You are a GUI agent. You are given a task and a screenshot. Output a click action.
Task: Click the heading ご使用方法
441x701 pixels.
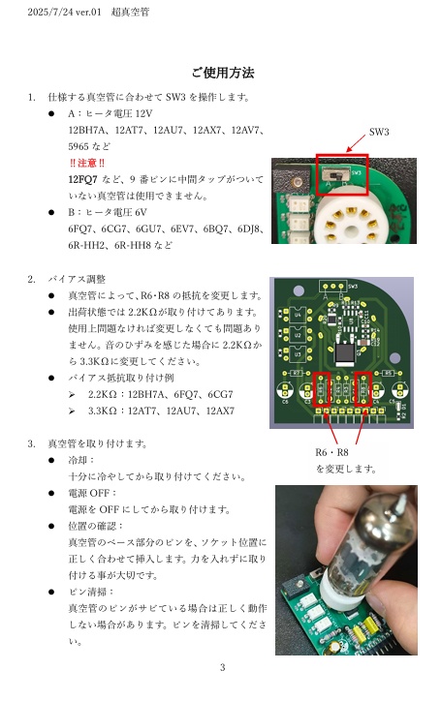(223, 73)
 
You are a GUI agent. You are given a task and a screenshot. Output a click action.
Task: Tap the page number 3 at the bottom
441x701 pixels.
(223, 667)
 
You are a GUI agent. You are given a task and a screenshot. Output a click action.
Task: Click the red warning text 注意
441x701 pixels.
(87, 163)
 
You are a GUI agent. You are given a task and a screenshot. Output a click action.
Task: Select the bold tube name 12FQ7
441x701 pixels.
(82, 179)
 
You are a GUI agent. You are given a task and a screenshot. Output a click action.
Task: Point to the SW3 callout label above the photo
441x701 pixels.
(379, 132)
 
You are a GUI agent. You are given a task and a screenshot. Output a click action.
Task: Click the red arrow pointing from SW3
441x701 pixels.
(356, 143)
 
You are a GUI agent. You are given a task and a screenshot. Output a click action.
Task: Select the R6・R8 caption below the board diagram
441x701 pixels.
(331, 452)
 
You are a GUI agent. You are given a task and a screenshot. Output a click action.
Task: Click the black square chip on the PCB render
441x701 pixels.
(345, 353)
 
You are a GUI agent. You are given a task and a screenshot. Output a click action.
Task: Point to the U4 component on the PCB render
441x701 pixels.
(298, 316)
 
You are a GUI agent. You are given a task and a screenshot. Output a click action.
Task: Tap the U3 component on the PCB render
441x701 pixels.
(298, 354)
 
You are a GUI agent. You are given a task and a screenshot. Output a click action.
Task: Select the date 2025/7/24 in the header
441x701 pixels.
(49, 12)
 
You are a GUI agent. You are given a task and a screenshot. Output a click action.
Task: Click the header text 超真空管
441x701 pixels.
(130, 12)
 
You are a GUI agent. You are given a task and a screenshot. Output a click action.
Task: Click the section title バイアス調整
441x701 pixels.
(77, 280)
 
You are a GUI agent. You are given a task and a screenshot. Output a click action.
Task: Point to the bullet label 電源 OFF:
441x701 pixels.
(92, 493)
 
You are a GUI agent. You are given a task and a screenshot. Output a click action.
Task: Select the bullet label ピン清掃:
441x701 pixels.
(91, 592)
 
